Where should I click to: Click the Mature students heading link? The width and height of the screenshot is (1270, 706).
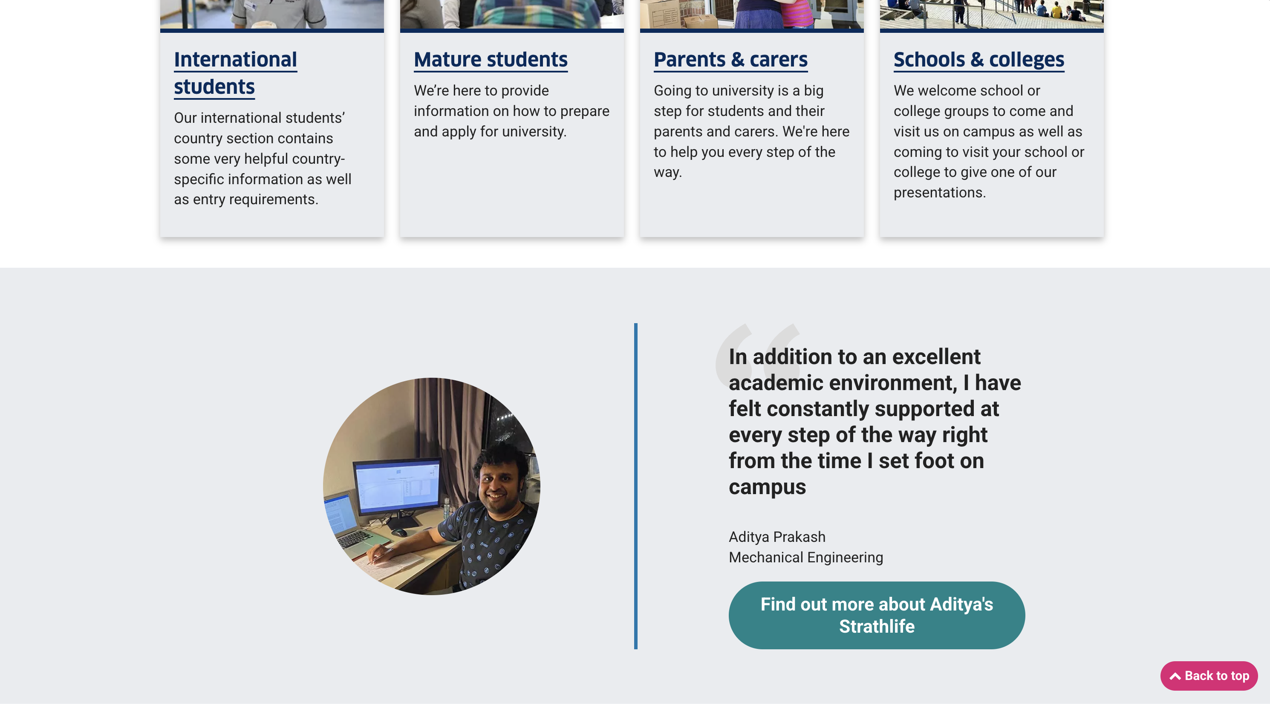coord(491,60)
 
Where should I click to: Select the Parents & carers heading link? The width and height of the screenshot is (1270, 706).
coord(730,60)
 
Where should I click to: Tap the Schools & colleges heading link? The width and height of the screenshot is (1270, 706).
coord(978,60)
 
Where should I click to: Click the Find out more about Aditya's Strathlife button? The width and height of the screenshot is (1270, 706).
coord(876,615)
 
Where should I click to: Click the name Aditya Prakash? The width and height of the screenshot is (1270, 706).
coord(776,537)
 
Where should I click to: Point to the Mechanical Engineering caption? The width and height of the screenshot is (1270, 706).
coord(805,557)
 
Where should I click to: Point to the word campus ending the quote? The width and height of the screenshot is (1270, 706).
coord(767,487)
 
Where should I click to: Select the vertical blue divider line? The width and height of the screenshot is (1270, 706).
coord(635,486)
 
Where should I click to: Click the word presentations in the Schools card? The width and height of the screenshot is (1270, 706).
coord(939,192)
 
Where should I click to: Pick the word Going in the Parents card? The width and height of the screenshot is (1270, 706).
coord(673,91)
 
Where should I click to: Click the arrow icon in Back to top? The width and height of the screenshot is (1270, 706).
coord(1175,676)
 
